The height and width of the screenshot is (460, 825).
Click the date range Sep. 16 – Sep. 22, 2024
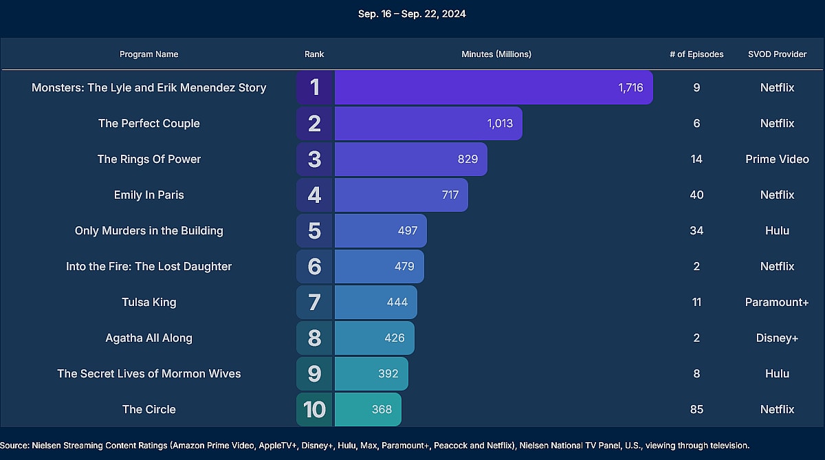click(x=412, y=14)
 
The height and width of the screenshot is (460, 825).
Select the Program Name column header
click(x=148, y=54)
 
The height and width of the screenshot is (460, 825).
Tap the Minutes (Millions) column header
click(x=496, y=54)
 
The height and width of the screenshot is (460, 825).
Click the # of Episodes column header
click(x=696, y=54)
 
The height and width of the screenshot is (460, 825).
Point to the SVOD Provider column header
click(x=777, y=54)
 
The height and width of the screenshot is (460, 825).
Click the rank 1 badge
click(x=315, y=87)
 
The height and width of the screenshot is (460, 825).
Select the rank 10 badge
click(x=314, y=409)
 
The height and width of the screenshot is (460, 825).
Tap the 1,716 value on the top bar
click(x=630, y=87)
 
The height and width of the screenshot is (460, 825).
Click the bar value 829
click(x=467, y=159)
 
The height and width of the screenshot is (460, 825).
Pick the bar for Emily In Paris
click(x=401, y=195)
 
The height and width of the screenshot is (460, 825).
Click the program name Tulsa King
click(x=149, y=302)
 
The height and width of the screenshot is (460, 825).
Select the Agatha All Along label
click(x=149, y=338)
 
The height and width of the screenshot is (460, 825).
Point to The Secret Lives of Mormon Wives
click(x=149, y=373)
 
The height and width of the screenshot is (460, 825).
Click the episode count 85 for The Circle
click(x=696, y=409)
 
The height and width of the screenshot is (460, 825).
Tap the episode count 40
click(x=696, y=195)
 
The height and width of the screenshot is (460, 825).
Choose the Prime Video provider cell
click(x=777, y=159)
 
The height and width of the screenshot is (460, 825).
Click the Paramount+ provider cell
click(x=777, y=302)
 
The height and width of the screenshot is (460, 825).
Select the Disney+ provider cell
click(x=777, y=338)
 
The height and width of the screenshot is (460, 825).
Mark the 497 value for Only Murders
click(x=408, y=230)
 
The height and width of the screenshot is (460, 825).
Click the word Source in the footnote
click(x=14, y=446)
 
